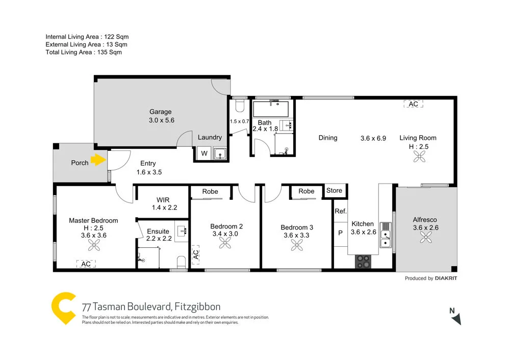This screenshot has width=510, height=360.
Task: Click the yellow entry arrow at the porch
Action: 97,161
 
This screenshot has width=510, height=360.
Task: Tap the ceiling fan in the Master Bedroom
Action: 93,246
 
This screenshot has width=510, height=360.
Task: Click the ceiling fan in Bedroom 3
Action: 297,246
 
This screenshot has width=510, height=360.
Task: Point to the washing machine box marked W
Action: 204,153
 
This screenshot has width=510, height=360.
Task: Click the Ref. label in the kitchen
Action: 340,211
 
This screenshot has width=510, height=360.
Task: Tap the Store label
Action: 335,191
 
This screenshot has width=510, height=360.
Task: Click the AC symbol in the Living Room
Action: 413,104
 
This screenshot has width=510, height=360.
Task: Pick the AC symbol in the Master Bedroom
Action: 86,264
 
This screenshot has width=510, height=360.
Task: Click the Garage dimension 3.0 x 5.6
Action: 161,121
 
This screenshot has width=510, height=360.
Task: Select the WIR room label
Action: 164,199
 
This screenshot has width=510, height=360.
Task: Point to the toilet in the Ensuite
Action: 180,262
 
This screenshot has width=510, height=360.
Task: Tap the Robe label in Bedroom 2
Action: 210,192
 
